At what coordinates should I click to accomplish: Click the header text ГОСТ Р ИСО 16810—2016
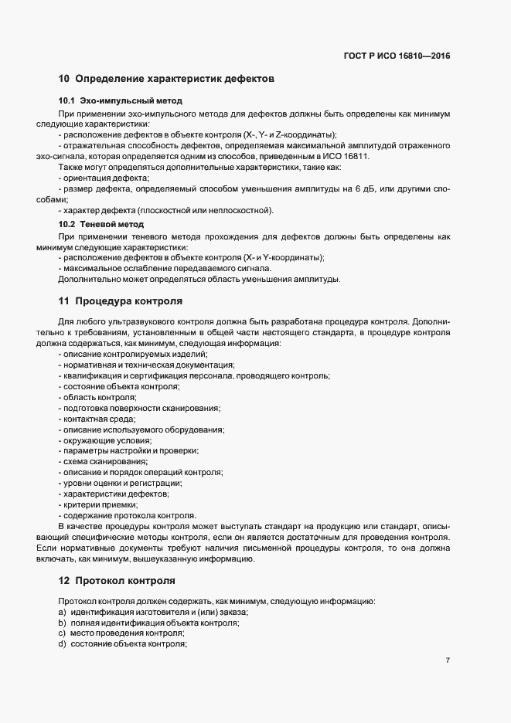point(397,56)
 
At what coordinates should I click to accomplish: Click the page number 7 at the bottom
point(448,660)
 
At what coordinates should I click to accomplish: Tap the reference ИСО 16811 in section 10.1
point(349,156)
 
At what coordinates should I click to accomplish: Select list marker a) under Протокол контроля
point(61,611)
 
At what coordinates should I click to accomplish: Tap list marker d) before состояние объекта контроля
point(61,643)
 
